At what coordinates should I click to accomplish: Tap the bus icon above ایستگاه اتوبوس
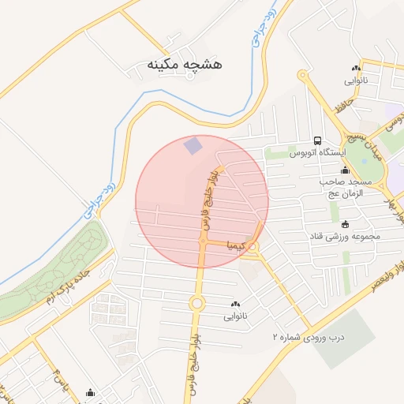coord(316,140)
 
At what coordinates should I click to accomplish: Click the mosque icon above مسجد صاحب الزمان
coord(344,170)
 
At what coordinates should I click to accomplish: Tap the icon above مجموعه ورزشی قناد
coord(344,224)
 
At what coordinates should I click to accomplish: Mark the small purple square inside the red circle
coord(193,146)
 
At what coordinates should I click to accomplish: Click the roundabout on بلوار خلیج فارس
coord(196,303)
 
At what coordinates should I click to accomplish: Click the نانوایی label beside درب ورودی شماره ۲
coord(235,316)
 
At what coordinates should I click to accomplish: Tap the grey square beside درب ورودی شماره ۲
coord(346,339)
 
